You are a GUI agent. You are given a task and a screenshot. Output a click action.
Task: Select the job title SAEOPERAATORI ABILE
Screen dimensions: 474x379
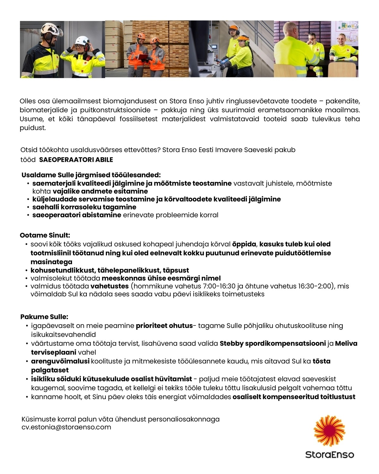click(76, 160)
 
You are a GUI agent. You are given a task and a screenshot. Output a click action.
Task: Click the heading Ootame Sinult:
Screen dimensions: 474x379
click(45, 235)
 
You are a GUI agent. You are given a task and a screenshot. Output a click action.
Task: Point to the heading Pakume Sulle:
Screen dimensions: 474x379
click(44, 317)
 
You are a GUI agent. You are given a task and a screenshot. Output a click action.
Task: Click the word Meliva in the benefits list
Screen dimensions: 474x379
click(346, 343)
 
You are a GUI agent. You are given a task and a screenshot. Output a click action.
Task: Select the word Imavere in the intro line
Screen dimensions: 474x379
click(229, 150)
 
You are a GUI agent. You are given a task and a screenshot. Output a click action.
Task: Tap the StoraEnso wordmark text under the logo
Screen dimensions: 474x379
click(329, 455)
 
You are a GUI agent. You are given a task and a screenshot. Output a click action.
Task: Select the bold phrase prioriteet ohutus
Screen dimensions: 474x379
click(164, 326)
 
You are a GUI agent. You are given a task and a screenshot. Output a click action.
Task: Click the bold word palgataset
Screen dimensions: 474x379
click(50, 370)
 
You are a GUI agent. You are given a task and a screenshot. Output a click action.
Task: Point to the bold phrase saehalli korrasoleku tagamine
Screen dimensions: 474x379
click(84, 207)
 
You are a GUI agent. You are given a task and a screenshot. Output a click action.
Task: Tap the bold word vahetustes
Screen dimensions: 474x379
click(110, 286)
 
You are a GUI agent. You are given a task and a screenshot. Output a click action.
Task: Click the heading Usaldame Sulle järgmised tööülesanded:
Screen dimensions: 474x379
click(91, 175)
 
